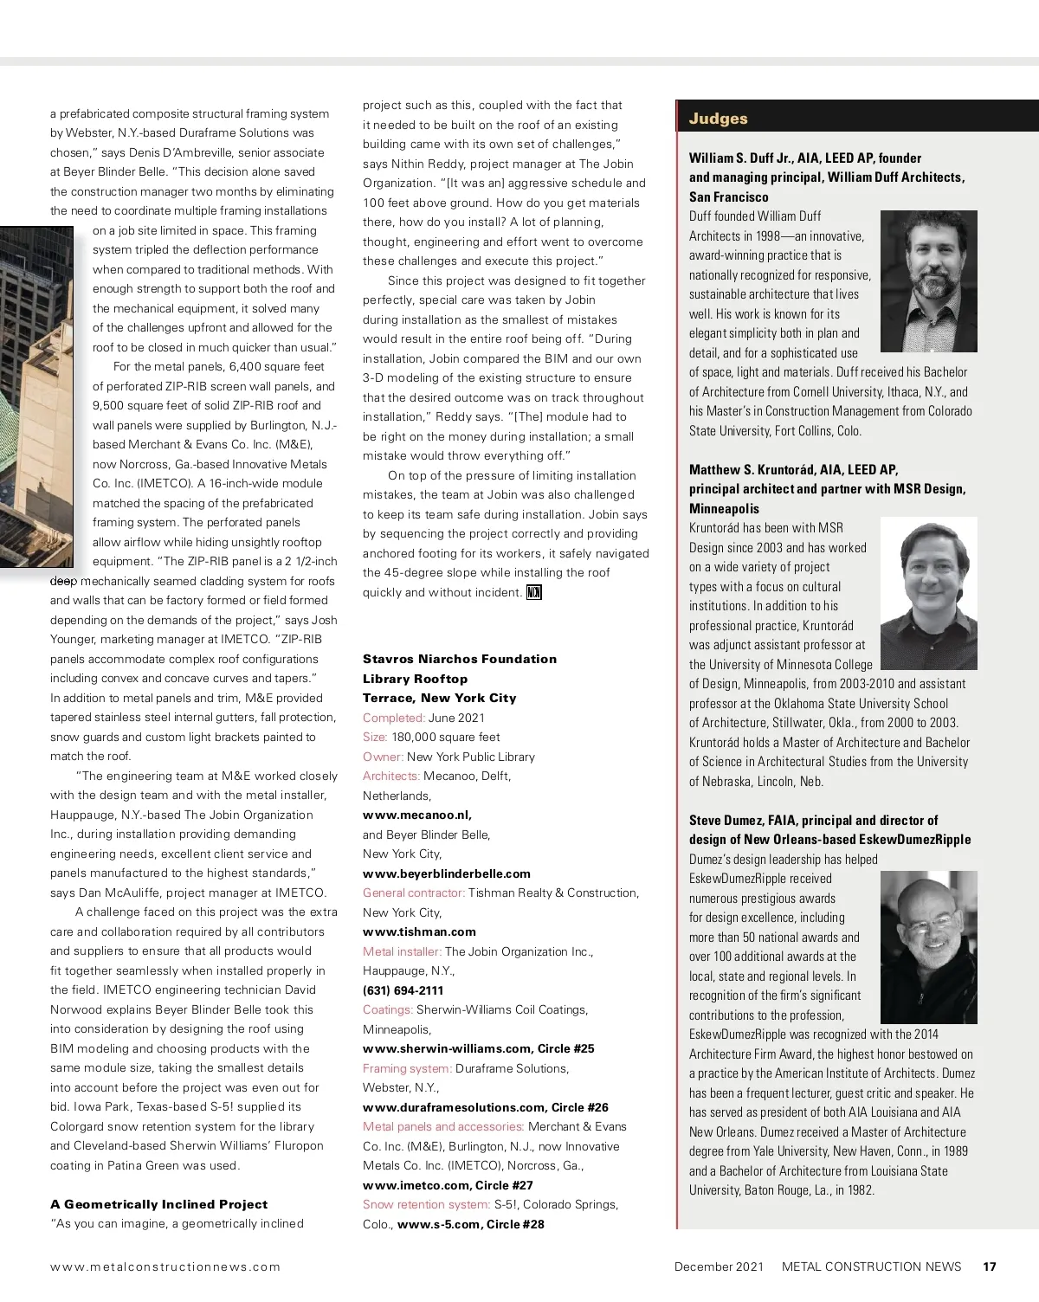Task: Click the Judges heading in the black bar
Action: (718, 119)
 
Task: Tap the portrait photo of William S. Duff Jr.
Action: (928, 281)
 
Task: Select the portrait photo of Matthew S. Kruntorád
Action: (928, 594)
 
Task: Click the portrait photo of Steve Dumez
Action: (928, 947)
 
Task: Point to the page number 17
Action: (990, 1267)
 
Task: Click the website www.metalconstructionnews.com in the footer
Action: (165, 1267)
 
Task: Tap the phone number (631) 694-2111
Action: (403, 990)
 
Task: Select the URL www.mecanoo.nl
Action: (416, 815)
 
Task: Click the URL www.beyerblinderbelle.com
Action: (446, 873)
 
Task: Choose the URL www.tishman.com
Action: (419, 931)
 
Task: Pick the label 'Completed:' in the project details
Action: (393, 718)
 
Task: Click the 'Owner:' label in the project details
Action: (383, 757)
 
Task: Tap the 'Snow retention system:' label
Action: (426, 1204)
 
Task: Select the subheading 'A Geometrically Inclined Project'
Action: (158, 1204)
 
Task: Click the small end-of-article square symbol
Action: (534, 593)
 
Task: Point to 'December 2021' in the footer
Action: (719, 1267)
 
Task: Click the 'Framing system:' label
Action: (407, 1068)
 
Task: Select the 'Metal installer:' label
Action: (402, 951)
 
